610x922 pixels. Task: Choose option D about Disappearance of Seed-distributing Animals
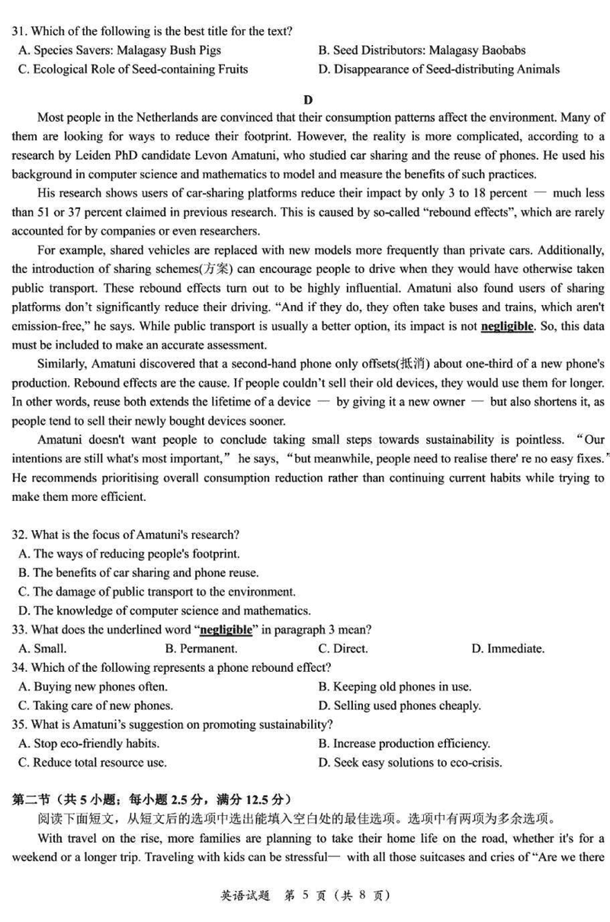[x=438, y=69]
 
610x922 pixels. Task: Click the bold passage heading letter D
[x=308, y=99]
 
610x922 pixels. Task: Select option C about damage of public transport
[x=156, y=592]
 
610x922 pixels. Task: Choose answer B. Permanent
[x=201, y=649]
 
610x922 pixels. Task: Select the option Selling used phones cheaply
[x=400, y=705]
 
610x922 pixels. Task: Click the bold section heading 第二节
[x=28, y=800]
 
